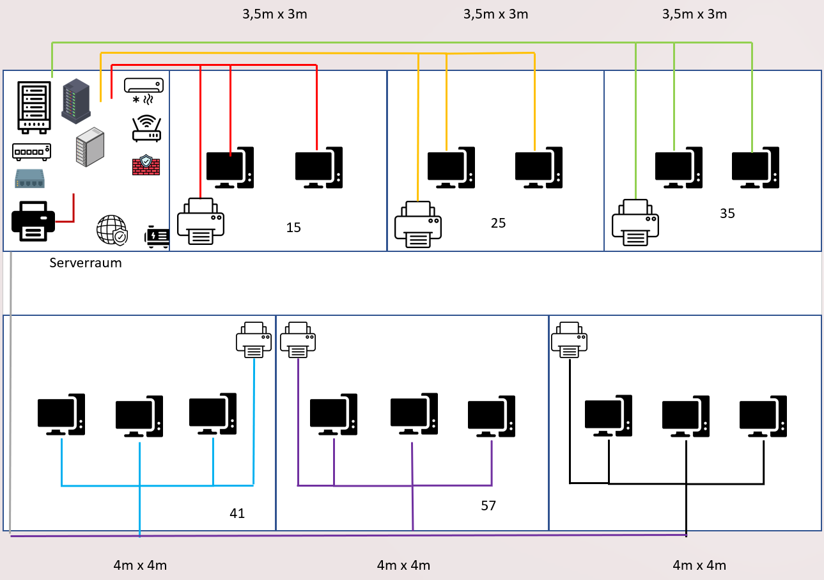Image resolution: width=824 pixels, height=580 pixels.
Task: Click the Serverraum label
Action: click(86, 262)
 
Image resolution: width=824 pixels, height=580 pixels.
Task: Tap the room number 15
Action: click(293, 227)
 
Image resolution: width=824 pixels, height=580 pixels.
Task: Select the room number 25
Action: click(498, 223)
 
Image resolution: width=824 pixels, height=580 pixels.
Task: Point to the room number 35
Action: click(727, 214)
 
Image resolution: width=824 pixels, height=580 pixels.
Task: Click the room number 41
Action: click(237, 513)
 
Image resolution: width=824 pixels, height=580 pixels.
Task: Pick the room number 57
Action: click(488, 506)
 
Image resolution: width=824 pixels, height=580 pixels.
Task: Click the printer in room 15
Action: click(201, 221)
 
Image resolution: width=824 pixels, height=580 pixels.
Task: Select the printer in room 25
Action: click(418, 224)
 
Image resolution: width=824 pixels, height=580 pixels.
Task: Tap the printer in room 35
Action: click(635, 223)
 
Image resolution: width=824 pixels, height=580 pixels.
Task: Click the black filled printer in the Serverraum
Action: click(29, 221)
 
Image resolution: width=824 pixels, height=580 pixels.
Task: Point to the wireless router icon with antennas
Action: click(146, 128)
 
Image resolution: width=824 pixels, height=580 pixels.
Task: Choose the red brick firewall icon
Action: click(146, 165)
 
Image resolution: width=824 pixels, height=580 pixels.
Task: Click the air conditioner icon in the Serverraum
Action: click(143, 90)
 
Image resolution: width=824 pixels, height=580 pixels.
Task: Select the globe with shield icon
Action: click(112, 230)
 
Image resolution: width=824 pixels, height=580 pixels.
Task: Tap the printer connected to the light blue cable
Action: click(254, 340)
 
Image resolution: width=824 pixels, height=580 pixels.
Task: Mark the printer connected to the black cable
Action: click(569, 340)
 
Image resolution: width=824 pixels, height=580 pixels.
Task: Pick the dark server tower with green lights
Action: click(76, 100)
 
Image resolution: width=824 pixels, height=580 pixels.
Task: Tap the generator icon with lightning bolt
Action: click(157, 237)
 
